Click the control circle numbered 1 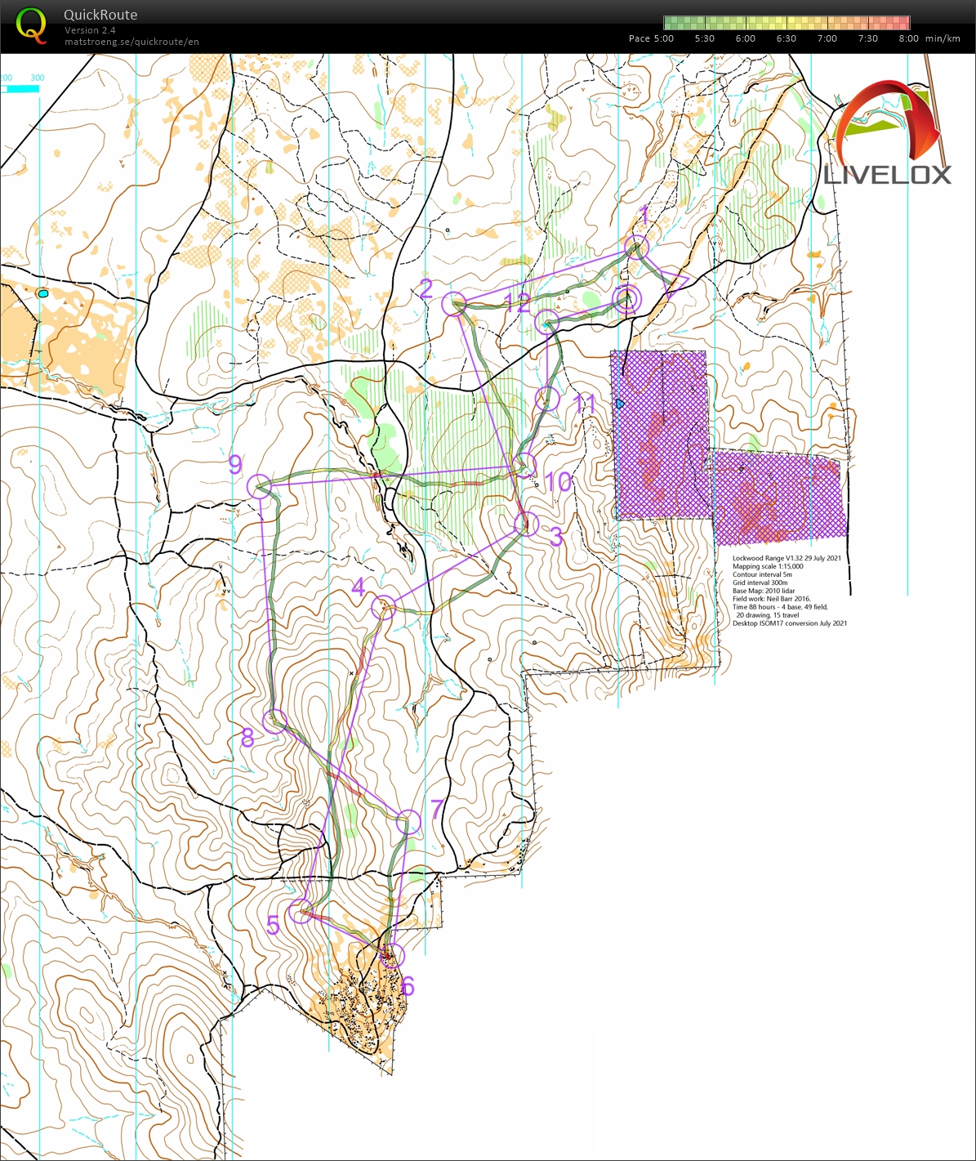pos(636,247)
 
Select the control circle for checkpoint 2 pos(452,304)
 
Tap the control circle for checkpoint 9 pos(258,486)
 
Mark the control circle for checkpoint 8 pos(275,721)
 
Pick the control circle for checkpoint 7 pos(408,822)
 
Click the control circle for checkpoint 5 pos(301,911)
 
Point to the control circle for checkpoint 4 pos(383,607)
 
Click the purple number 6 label pos(408,987)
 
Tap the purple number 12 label pos(517,304)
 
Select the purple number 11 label pos(585,403)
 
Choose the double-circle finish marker pos(627,299)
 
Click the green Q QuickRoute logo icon pos(31,25)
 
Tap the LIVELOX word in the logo pos(887,175)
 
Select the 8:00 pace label pos(908,38)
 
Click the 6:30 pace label pos(786,38)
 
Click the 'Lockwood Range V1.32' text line pos(786,558)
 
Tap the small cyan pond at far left pos(42,292)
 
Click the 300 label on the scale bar pos(37,78)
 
